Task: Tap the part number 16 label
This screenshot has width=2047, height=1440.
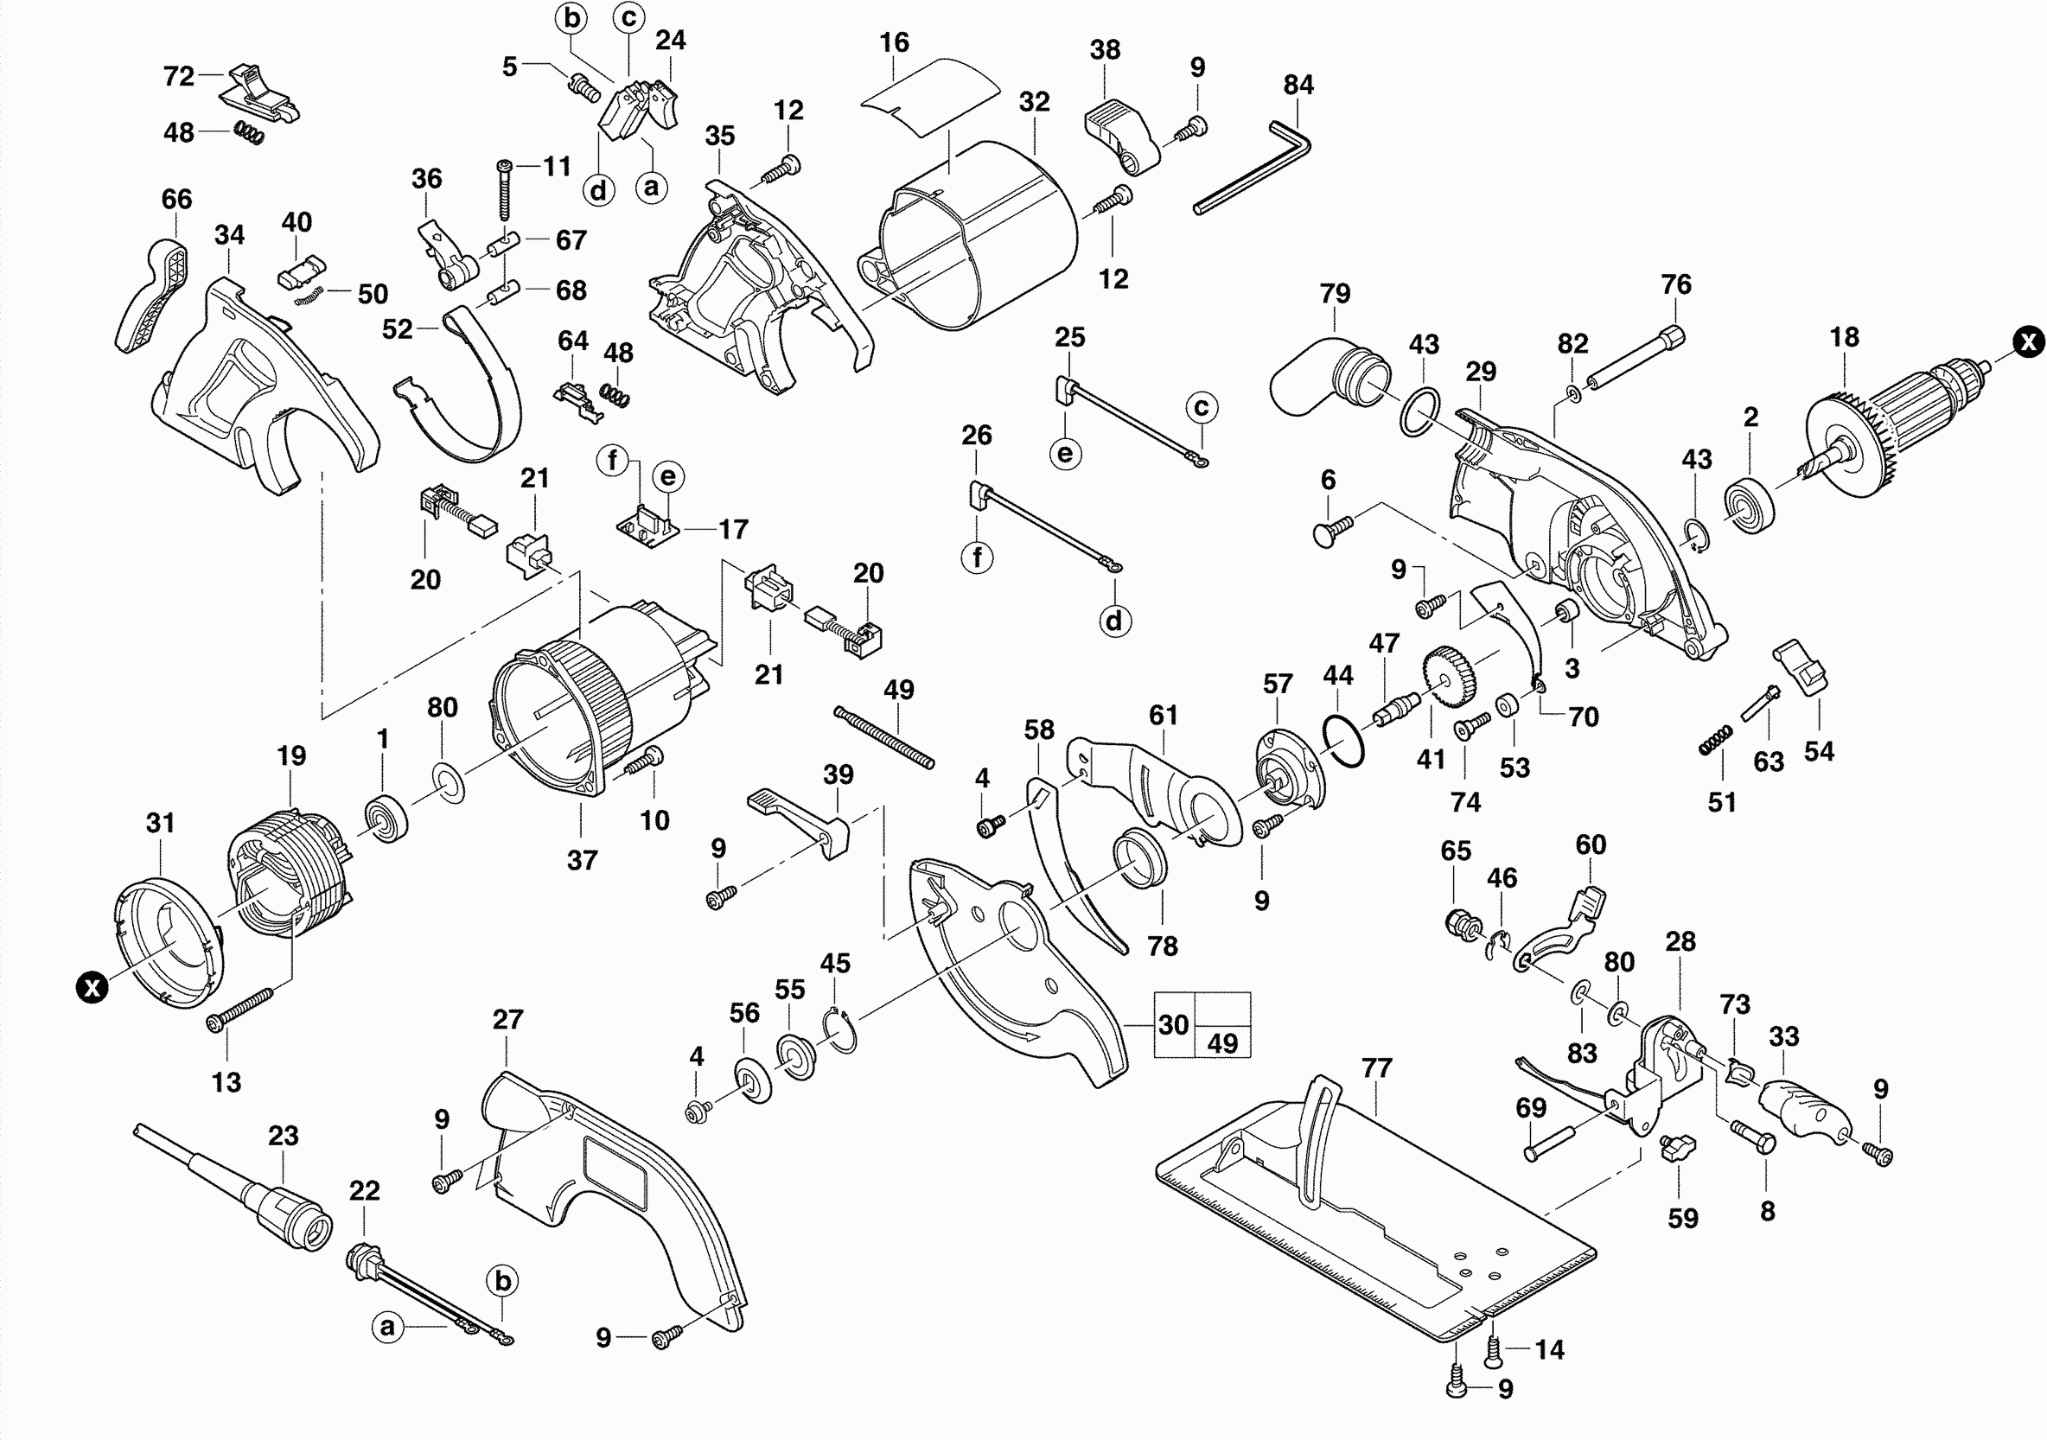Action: pyautogui.click(x=893, y=41)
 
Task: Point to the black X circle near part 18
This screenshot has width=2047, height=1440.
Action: pyautogui.click(x=2030, y=341)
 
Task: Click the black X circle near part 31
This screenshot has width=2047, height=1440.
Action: pyautogui.click(x=91, y=987)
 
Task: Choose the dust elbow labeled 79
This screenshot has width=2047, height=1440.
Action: pyautogui.click(x=1329, y=388)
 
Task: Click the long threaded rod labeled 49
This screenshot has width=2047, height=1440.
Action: pyautogui.click(x=884, y=736)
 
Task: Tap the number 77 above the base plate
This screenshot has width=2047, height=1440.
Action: pyautogui.click(x=1376, y=1067)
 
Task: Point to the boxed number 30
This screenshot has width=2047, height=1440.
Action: pyautogui.click(x=1173, y=1024)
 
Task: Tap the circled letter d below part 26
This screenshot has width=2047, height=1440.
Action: pyautogui.click(x=1113, y=621)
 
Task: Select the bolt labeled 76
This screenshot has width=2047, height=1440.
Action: pyautogui.click(x=1634, y=362)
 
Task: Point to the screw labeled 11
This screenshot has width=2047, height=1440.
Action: pyautogui.click(x=506, y=189)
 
